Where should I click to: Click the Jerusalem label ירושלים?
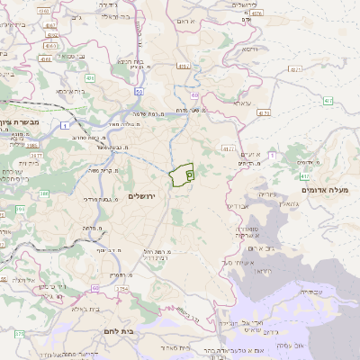pos(143,196)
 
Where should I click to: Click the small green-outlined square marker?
pos(189,175)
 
